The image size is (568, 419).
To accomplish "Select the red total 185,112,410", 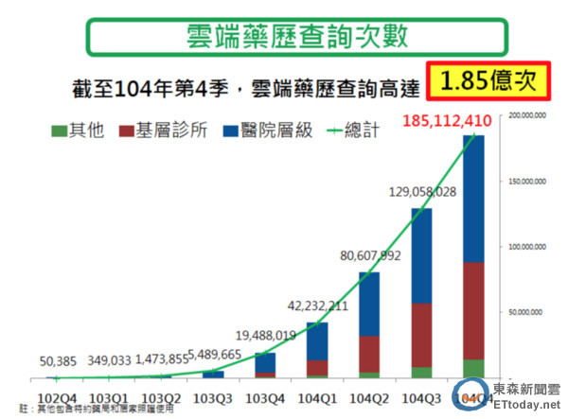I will pyautogui.click(x=459, y=121).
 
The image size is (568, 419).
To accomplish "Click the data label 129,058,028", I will pyautogui.click(x=411, y=192).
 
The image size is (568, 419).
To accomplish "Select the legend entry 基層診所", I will pyautogui.click(x=161, y=130).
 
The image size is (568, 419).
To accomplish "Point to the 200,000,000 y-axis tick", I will pyautogui.click(x=525, y=116).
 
